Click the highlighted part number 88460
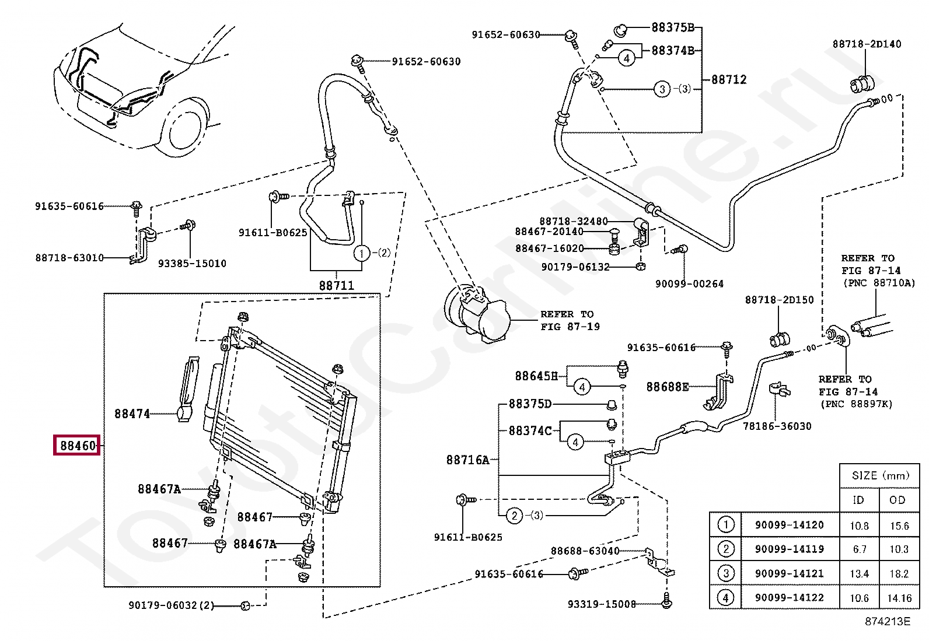pos(78,445)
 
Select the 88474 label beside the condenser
pos(132,414)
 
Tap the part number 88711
pos(336,285)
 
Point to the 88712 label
pos(729,79)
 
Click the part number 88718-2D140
pos(867,44)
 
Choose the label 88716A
pos(467,460)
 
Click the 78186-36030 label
pos(777,426)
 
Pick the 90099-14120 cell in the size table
pos(789,525)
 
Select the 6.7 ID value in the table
pos(860,549)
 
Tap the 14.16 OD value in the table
pos(899,598)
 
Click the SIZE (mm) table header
pos(880,475)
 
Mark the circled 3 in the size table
pos(726,573)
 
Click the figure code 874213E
pos(888,622)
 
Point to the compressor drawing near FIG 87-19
pos(477,313)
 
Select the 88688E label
pos(668,387)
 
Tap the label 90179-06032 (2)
pos(172,605)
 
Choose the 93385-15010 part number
pos(192,263)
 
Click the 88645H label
pos(536,376)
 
